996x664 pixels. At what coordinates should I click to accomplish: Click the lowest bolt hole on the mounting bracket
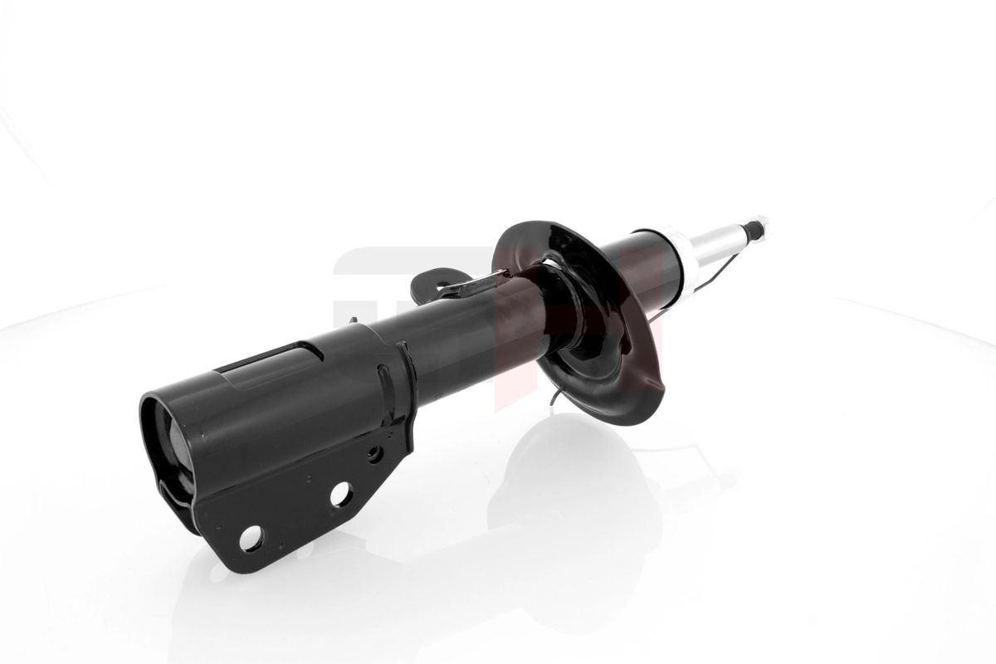click(251, 539)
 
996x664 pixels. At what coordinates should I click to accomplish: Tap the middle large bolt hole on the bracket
click(340, 495)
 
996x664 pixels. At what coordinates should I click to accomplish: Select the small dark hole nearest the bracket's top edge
click(374, 453)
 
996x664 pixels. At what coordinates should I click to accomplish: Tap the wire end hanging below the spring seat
click(554, 403)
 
